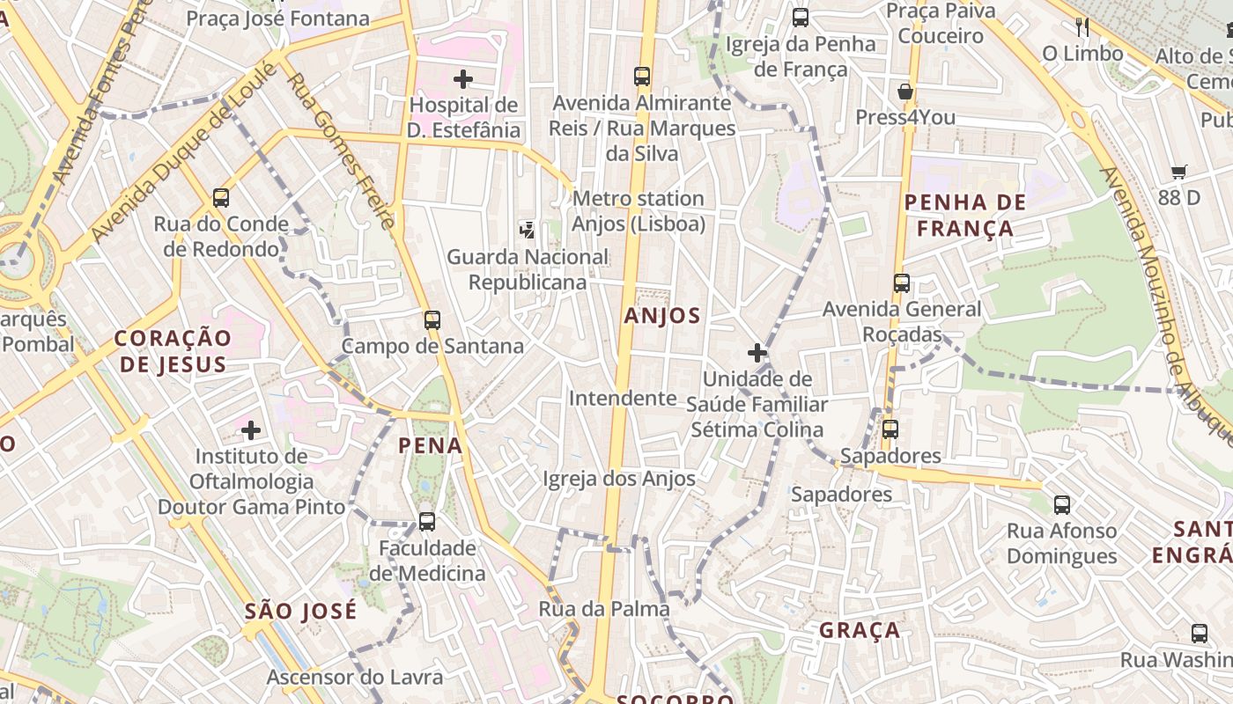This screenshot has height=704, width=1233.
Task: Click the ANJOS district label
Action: point(662,316)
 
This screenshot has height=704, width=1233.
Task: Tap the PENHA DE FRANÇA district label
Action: point(964,216)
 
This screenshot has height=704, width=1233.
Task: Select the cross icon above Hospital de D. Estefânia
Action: point(463,79)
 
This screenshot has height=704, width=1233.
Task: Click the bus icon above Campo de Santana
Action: point(432,320)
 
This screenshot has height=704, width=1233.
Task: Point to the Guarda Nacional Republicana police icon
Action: point(528,231)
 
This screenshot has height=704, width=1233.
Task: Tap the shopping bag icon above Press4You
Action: point(904,92)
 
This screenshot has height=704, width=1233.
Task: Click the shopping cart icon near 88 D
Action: point(1178,172)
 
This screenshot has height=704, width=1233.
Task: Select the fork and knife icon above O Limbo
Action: point(1082,27)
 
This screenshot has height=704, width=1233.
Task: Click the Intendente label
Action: point(622,398)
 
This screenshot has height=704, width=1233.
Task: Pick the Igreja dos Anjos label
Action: point(619,479)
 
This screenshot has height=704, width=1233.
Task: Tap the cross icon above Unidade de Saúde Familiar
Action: point(757,353)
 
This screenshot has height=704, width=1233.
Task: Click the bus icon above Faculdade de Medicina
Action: point(427,522)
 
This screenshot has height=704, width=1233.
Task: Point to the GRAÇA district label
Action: point(860,630)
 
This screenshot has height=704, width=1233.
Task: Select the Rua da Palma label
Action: point(603,609)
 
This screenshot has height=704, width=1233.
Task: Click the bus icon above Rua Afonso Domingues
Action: point(1062,505)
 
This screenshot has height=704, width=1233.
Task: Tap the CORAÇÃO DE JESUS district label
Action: point(173,351)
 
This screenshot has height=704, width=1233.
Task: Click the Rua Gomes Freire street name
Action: point(343,150)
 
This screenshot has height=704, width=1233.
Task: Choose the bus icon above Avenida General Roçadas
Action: point(902,283)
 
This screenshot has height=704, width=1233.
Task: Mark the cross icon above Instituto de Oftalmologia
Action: point(251,430)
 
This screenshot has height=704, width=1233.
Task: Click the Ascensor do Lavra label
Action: point(354,677)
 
